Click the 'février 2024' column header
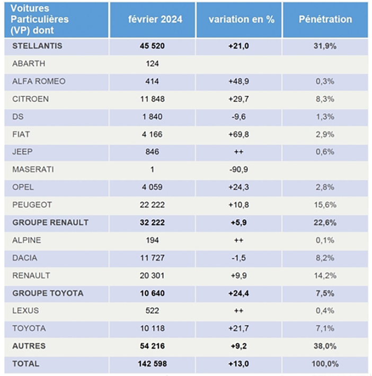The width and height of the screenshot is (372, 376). [x=155, y=20]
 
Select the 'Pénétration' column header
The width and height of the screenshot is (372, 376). [x=325, y=20]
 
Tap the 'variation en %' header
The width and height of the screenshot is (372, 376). [x=242, y=20]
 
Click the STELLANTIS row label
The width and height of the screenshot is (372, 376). [x=37, y=46]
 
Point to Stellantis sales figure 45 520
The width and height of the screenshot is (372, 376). [x=152, y=46]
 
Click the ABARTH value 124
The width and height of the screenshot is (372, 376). [x=152, y=64]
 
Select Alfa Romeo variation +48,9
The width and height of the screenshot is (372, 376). [x=238, y=81]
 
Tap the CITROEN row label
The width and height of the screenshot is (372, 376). [x=30, y=99]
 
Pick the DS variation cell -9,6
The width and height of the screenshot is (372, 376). [x=238, y=117]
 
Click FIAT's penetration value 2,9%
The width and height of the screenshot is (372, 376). [x=325, y=134]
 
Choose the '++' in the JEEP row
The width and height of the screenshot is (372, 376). [x=239, y=152]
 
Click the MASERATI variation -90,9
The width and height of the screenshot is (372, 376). [x=238, y=170]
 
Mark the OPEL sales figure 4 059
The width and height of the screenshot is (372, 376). [x=152, y=187]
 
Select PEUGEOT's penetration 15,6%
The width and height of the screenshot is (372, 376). [x=325, y=205]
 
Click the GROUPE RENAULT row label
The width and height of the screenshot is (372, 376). [x=50, y=223]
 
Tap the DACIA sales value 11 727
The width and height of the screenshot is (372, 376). [x=152, y=258]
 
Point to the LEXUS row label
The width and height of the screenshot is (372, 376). [x=25, y=311]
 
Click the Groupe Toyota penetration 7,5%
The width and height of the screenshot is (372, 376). [x=325, y=293]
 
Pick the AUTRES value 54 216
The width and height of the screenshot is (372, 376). [x=152, y=346]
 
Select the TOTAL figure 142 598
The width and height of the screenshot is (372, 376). [x=152, y=364]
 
